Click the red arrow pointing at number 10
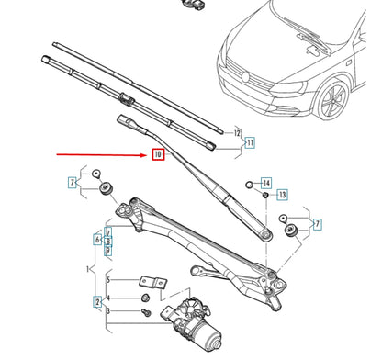click(x=101, y=155)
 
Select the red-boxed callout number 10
click(x=158, y=156)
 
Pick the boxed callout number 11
click(x=249, y=142)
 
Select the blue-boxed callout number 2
click(x=97, y=300)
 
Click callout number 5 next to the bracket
click(x=108, y=279)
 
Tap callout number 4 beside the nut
click(x=108, y=298)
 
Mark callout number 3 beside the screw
click(x=108, y=313)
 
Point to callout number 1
click(x=89, y=270)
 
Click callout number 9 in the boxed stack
click(x=108, y=251)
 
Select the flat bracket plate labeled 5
click(x=150, y=281)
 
